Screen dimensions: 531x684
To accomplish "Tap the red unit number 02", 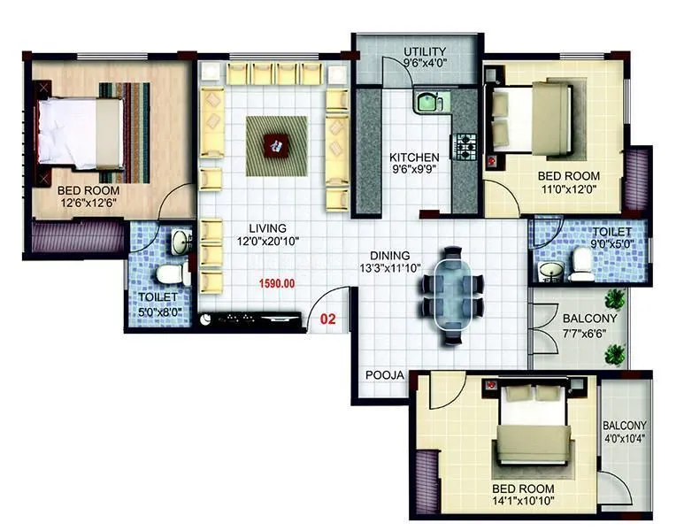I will (x=327, y=319).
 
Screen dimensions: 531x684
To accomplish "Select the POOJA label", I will (x=384, y=375).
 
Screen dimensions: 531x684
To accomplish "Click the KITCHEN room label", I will (x=415, y=158).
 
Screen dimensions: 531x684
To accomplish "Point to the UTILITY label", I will (x=425, y=50).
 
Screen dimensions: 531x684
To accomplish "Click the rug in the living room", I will (x=276, y=144).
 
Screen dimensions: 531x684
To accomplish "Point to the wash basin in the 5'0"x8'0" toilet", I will (x=180, y=242).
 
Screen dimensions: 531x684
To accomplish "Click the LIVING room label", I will (x=267, y=228).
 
